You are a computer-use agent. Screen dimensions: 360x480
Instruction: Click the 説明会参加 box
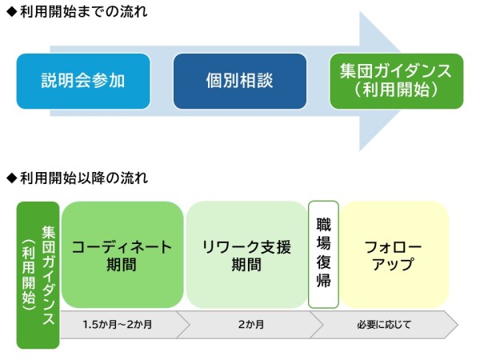(x=83, y=81)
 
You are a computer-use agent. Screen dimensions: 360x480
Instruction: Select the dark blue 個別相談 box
(x=240, y=81)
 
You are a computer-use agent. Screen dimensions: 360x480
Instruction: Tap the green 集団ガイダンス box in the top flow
(x=396, y=81)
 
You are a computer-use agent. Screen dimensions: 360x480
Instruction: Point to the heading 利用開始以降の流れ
(x=81, y=177)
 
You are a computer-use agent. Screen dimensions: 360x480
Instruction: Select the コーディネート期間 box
(x=122, y=255)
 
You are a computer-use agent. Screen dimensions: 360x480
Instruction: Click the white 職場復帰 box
(x=323, y=255)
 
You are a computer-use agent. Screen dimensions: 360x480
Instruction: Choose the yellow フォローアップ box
(x=394, y=255)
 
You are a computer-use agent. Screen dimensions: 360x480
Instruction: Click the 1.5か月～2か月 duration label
(x=122, y=325)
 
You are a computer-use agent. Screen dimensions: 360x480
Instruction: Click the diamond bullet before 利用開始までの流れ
(x=10, y=13)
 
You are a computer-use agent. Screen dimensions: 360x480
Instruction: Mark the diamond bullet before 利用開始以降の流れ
(x=10, y=177)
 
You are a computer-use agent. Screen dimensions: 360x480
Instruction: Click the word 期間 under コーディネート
(x=122, y=265)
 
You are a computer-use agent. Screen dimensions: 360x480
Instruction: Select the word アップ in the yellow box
(x=394, y=265)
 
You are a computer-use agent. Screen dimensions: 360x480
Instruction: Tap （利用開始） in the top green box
(x=396, y=90)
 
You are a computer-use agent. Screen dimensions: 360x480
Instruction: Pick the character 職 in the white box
(x=323, y=223)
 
